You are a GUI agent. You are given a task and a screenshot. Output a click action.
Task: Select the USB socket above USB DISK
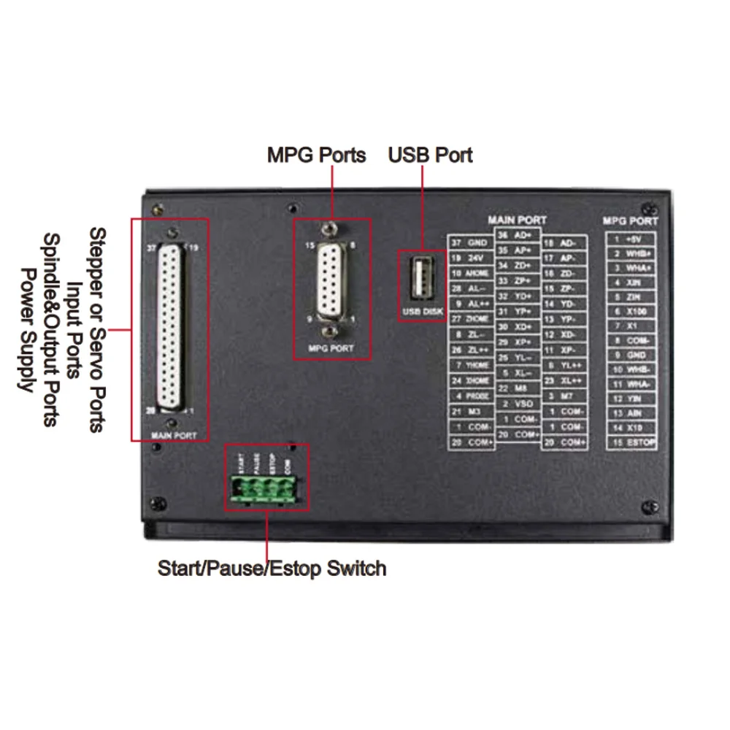(421, 280)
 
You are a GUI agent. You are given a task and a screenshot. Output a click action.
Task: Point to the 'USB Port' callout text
(430, 155)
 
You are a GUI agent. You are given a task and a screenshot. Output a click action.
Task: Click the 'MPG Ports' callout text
(316, 155)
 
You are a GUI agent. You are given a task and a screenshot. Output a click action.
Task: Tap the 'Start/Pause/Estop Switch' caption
(272, 568)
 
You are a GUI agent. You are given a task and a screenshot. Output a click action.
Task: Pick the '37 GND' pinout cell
(470, 242)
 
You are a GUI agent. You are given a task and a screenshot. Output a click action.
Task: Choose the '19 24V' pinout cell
(470, 258)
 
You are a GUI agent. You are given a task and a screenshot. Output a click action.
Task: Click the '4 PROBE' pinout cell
(470, 396)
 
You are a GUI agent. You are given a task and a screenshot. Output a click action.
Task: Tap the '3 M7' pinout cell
(563, 396)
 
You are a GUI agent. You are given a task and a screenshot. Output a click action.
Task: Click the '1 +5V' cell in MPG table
(631, 239)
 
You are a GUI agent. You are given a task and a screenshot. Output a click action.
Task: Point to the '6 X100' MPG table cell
(631, 312)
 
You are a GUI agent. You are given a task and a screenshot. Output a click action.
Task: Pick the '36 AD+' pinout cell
(517, 235)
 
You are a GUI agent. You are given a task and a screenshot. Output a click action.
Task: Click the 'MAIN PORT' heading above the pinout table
(517, 220)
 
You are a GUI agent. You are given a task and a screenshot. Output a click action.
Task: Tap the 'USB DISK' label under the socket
(421, 313)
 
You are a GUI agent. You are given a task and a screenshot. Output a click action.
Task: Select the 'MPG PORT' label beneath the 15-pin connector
(331, 349)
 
